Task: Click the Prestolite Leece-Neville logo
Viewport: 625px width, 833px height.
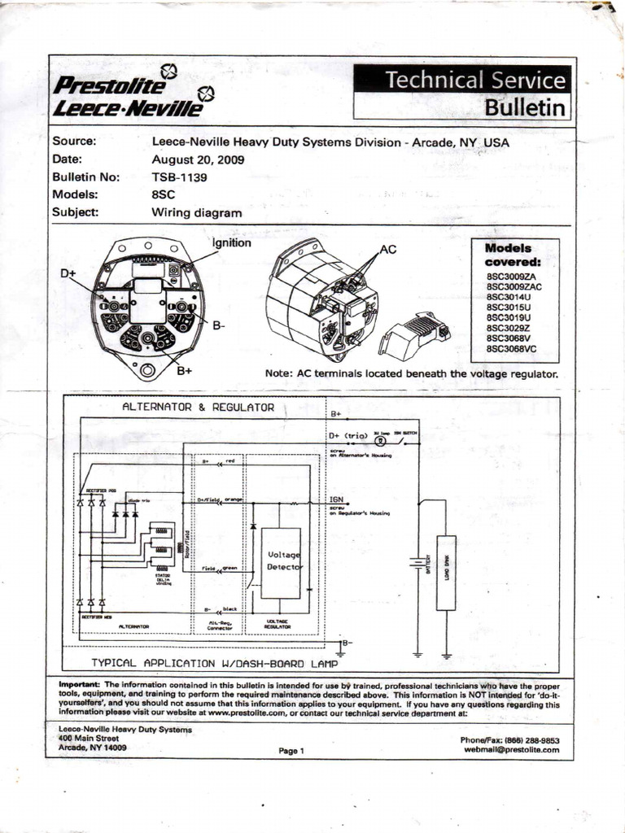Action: [x=130, y=94]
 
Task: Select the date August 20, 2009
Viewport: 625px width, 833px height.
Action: [x=199, y=159]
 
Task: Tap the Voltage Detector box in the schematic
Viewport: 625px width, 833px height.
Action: [x=281, y=562]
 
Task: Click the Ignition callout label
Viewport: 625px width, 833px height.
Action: [x=232, y=242]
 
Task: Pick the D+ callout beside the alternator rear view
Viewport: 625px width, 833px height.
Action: [x=68, y=274]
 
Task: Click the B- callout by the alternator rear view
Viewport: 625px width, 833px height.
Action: [x=219, y=325]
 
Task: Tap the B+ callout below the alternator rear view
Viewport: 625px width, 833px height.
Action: [x=185, y=371]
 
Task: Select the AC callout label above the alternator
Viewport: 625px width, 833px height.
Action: [x=388, y=249]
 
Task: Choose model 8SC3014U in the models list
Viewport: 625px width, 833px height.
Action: [x=509, y=297]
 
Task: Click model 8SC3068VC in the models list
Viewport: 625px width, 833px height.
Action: [x=512, y=349]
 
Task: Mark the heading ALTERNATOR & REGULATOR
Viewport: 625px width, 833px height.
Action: [x=198, y=407]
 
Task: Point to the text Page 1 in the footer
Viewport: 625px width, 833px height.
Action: [x=291, y=751]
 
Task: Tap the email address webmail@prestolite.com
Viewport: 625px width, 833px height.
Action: [x=512, y=750]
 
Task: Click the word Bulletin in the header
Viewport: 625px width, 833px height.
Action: [x=525, y=107]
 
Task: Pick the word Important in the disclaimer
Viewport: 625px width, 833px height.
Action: [x=79, y=684]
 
